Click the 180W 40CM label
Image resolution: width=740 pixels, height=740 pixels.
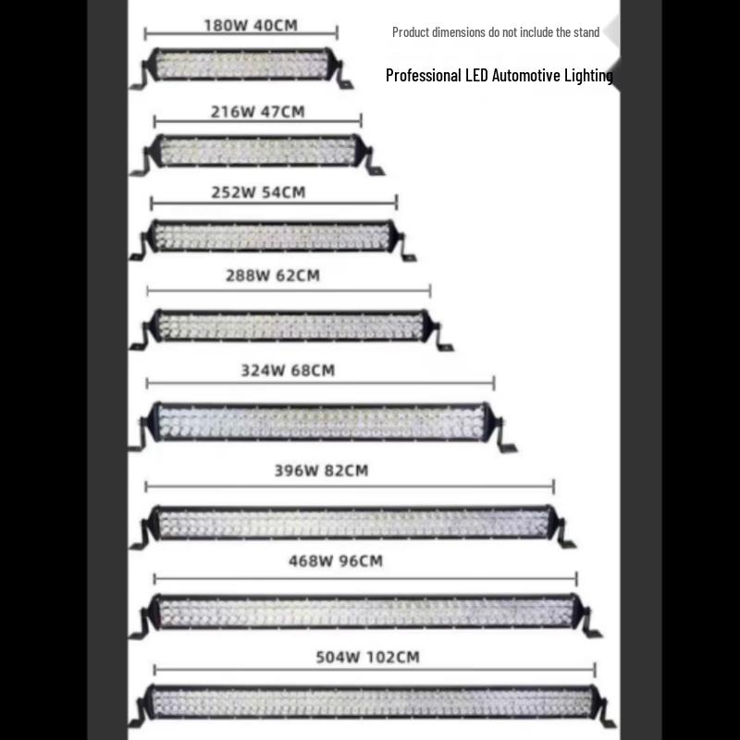tap(251, 26)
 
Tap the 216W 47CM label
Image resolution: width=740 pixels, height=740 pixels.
tap(258, 112)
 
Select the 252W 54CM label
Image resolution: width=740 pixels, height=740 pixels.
tap(258, 192)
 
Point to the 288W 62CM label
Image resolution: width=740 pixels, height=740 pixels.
tap(273, 276)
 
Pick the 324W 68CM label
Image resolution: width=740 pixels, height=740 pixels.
tap(288, 371)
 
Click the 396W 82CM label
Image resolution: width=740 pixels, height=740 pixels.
tap(321, 471)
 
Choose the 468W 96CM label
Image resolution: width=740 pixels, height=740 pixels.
tap(336, 561)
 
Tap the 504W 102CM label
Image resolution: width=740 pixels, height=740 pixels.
tap(367, 657)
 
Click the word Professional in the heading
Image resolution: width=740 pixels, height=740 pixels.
tap(424, 76)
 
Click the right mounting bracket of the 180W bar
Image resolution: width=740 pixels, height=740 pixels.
tap(342, 76)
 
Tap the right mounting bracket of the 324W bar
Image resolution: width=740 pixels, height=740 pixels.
tap(505, 435)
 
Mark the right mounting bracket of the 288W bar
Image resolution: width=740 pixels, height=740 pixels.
tap(442, 338)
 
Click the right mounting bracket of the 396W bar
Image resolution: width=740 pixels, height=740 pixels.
tap(564, 533)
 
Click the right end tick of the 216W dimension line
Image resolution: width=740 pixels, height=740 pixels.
tap(361, 121)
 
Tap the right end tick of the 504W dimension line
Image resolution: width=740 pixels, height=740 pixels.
tap(595, 670)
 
